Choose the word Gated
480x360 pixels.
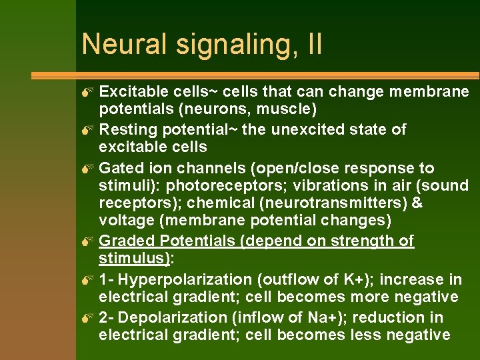[121, 168]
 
